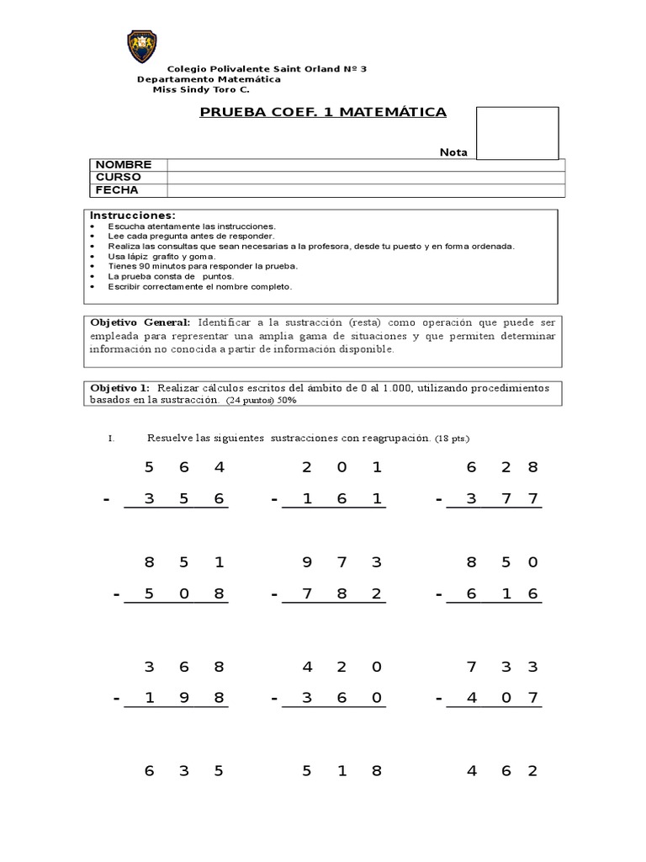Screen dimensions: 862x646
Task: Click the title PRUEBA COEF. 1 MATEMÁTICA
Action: (x=323, y=112)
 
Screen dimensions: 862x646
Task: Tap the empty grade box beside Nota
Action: (x=516, y=133)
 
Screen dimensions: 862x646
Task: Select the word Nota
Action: (x=453, y=152)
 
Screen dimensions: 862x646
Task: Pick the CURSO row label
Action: (x=119, y=178)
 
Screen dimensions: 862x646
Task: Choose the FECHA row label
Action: (x=117, y=190)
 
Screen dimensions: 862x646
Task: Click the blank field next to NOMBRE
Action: (x=365, y=165)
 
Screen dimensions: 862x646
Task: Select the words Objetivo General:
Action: (x=140, y=322)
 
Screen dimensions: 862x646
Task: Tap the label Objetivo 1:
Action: (x=119, y=387)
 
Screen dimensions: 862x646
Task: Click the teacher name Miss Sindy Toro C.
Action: (x=194, y=89)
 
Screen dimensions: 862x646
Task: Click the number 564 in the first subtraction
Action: (x=184, y=467)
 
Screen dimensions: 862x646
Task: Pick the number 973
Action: (x=342, y=562)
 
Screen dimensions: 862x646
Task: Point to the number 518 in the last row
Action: (x=342, y=771)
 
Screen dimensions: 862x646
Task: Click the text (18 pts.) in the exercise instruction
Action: (x=453, y=439)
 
